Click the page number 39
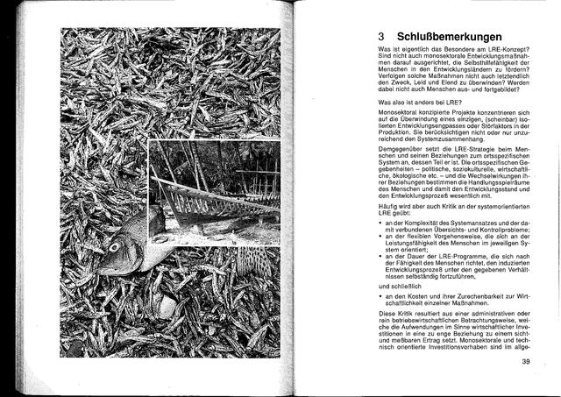click(x=526, y=362)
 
